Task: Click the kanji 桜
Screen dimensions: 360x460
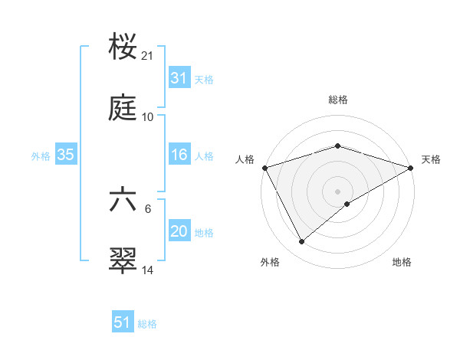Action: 123,47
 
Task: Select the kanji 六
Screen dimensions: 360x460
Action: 123,201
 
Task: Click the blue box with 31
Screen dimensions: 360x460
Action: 179,78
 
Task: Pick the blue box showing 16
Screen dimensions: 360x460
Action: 179,155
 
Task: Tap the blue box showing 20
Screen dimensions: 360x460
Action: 179,231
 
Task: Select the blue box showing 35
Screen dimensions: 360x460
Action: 65,155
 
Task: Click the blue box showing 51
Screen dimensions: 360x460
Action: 122,322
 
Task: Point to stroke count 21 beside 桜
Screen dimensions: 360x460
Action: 148,56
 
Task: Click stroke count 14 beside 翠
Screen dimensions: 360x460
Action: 148,270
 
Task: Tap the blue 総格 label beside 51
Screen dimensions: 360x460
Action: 147,324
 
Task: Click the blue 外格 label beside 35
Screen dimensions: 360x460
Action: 41,155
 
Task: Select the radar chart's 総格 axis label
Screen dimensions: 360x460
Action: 338,100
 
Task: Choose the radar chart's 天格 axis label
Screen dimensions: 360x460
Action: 431,159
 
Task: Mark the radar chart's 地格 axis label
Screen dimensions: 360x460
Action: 402,263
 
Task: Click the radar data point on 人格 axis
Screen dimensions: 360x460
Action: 264,168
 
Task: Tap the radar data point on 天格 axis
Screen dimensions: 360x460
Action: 411,168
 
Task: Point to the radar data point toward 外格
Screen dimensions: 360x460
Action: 302,241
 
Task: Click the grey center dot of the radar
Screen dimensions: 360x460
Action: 338,191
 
